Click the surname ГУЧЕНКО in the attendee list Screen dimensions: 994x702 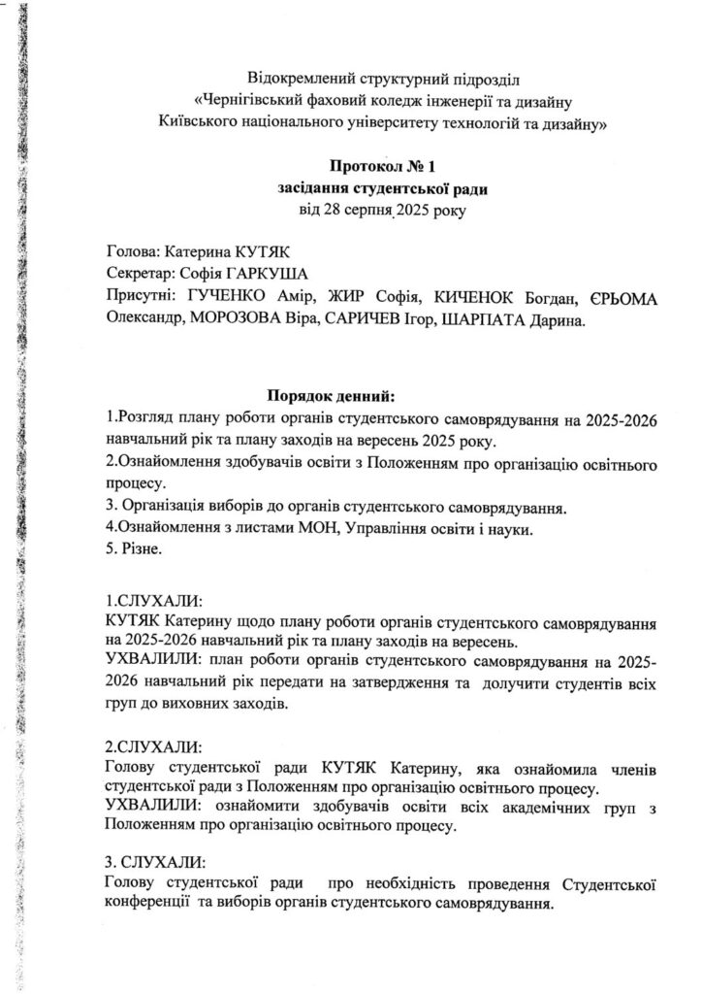coord(228,298)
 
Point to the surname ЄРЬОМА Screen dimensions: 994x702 coord(622,298)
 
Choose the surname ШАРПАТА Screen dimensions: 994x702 coord(476,321)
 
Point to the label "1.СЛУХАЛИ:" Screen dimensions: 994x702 coord(153,599)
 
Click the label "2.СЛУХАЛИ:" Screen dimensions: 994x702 coord(153,748)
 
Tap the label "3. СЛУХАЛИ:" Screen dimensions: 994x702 coord(155,863)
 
